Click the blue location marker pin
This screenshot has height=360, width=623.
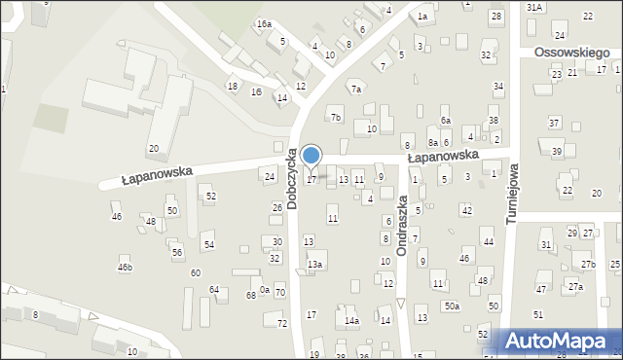click(311, 156)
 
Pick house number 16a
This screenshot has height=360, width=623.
click(264, 23)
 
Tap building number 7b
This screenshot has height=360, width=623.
click(336, 118)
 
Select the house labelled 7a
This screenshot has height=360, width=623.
click(356, 90)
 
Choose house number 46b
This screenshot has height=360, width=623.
click(125, 267)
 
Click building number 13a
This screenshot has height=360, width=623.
click(314, 264)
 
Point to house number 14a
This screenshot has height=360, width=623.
click(351, 320)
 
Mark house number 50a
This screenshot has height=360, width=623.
click(453, 306)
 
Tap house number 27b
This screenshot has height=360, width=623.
click(588, 265)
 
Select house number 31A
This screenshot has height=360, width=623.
click(533, 7)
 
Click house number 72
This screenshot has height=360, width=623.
click(282, 323)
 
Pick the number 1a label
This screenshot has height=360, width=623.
click(422, 17)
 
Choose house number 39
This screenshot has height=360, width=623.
click(557, 151)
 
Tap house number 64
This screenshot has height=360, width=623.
click(214, 290)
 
